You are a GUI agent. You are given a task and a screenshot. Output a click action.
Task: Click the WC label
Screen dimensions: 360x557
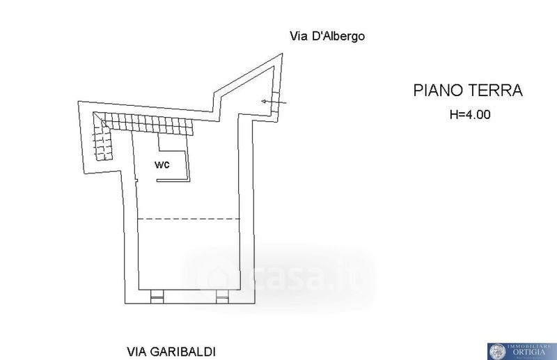tap(161, 164)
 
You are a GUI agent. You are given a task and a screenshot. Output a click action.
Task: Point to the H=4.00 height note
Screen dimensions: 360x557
tap(470, 116)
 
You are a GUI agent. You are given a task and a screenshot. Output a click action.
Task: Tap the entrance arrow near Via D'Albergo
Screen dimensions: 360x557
tap(274, 104)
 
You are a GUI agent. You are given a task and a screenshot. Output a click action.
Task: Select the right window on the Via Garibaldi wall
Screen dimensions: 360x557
tap(221, 297)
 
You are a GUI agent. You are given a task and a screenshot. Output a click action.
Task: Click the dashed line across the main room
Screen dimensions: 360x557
tap(188, 219)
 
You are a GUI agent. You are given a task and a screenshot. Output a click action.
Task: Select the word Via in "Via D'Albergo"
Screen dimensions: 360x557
tap(298, 36)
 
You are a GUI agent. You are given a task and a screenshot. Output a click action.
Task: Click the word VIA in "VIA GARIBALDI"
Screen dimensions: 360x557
tap(137, 352)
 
